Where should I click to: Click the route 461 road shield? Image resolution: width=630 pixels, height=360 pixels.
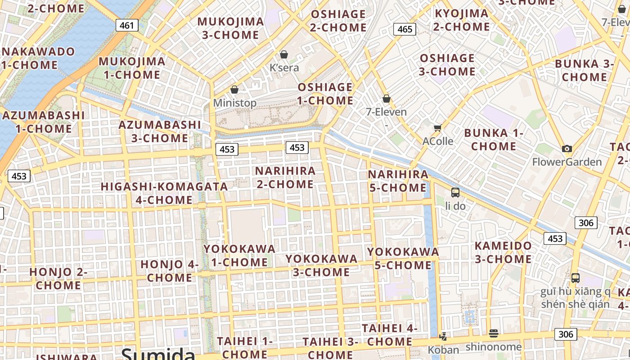coord(127,25)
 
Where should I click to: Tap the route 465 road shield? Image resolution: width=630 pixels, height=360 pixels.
coord(405,29)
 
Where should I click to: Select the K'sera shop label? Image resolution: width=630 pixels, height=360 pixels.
coord(284,68)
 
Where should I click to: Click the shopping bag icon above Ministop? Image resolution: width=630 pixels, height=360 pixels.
coord(234,90)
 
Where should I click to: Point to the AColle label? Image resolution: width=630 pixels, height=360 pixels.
coord(438,141)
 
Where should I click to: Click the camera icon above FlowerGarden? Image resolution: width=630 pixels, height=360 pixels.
coord(567,148)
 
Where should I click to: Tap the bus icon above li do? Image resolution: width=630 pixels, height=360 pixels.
coord(455,193)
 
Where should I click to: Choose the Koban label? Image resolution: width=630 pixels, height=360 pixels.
coord(443,350)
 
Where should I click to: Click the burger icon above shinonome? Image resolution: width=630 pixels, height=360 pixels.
coord(494,333)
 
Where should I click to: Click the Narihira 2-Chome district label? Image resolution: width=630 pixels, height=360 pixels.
coord(285,178)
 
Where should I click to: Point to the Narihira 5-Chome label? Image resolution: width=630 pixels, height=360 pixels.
coord(398,181)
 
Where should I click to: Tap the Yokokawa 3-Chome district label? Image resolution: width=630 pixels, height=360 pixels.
coord(321,265)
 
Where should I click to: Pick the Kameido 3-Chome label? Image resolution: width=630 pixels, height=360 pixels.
coord(504,253)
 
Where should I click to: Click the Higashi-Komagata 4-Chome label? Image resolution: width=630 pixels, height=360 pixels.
coord(164,193)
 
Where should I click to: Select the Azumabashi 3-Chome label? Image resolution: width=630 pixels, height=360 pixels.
coord(160,131)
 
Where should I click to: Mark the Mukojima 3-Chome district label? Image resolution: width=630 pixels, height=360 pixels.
coord(230,28)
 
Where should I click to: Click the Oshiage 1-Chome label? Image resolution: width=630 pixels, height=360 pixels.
coord(325,94)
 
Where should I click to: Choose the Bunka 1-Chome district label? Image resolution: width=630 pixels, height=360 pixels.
coord(494,139)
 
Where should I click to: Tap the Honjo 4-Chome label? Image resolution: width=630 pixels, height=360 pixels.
coord(170,271)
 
